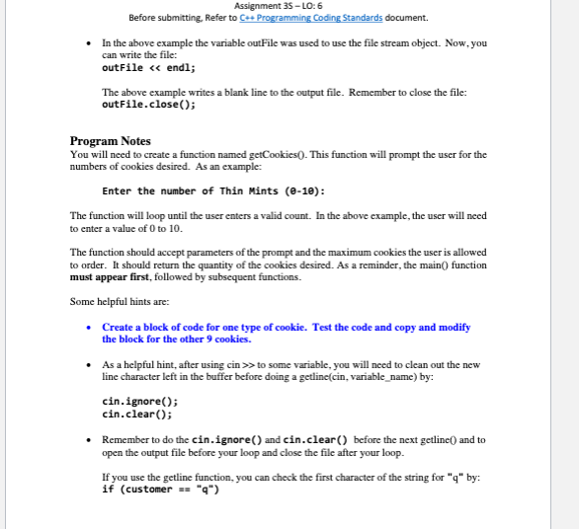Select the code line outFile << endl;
point(149,68)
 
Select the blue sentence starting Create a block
point(287,327)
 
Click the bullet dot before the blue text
point(90,327)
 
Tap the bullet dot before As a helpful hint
point(90,364)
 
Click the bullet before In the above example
point(90,43)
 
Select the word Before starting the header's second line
point(144,18)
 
